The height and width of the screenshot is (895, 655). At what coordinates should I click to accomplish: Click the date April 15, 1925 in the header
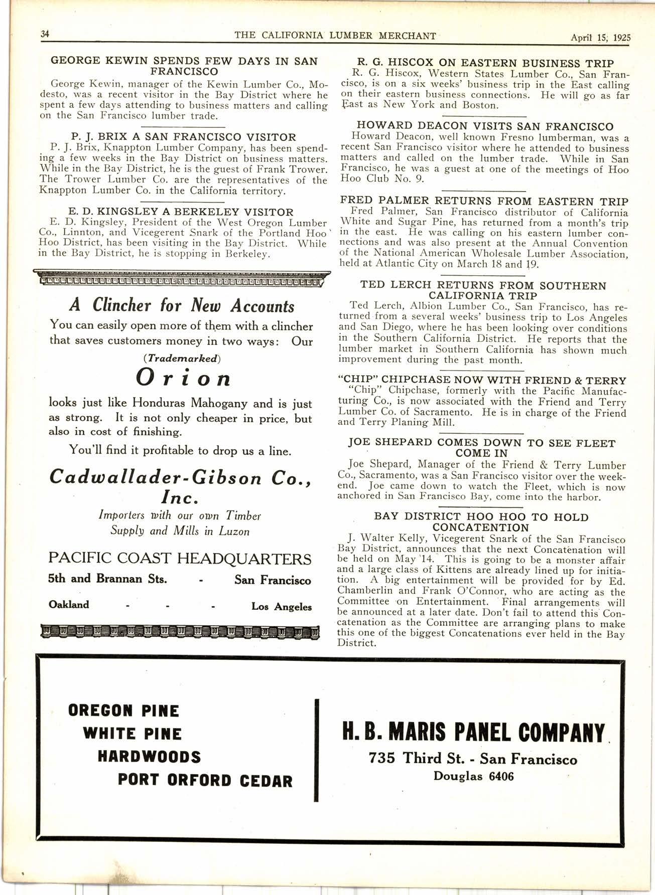[x=600, y=37]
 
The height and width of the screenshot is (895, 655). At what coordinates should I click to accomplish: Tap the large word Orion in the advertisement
[x=184, y=378]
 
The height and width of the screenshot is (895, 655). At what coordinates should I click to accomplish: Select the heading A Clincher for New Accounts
[x=182, y=305]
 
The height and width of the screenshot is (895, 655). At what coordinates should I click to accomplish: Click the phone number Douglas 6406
[x=473, y=776]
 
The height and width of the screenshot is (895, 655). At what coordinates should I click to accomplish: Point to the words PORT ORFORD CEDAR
[x=205, y=780]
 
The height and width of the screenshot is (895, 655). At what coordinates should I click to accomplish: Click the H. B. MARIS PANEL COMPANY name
[x=473, y=733]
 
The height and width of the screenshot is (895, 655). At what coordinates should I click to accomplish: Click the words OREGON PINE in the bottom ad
[x=123, y=710]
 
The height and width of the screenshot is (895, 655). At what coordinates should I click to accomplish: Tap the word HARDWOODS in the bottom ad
[x=149, y=756]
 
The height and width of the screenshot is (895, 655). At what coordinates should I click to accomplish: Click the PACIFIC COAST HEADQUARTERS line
[x=180, y=559]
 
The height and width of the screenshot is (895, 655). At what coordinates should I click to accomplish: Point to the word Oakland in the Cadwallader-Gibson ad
[x=69, y=604]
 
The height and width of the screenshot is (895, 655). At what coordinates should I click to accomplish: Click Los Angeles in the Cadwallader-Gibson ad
[x=281, y=606]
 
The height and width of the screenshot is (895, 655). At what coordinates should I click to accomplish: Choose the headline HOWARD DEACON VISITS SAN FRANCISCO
[x=485, y=126]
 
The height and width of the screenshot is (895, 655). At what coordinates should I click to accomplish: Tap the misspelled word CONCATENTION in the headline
[x=480, y=527]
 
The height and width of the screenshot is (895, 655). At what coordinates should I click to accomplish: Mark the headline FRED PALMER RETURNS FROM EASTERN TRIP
[x=484, y=202]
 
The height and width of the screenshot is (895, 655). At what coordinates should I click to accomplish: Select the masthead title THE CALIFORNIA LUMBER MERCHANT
[x=335, y=36]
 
